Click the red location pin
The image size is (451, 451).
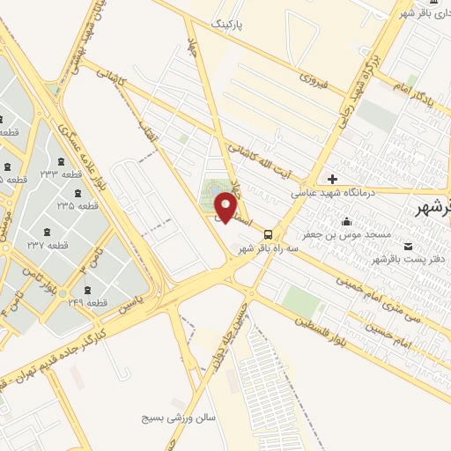click(226, 207)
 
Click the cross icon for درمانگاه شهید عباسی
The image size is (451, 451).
click(332, 179)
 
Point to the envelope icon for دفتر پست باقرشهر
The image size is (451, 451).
click(407, 246)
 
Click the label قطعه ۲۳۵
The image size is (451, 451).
click(78, 205)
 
